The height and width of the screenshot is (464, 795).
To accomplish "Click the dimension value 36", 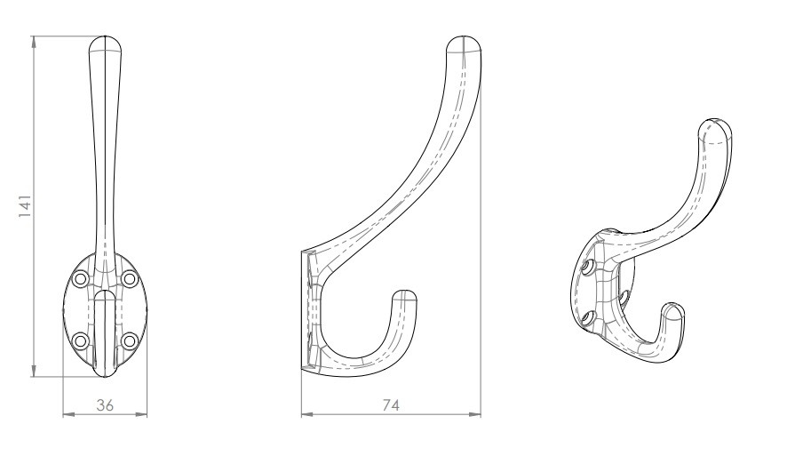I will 105,405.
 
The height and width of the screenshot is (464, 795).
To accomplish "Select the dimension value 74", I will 390,405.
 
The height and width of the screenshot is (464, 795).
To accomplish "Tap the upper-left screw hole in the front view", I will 81,279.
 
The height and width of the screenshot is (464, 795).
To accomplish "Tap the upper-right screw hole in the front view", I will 130,279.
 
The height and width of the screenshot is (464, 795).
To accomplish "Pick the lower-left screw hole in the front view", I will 81,339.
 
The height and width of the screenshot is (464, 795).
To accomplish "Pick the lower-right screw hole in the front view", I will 130,339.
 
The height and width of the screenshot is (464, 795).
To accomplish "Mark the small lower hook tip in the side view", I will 405,295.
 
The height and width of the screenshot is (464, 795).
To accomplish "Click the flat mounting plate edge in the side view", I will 302,311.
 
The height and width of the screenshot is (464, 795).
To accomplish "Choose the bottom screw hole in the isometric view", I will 587,316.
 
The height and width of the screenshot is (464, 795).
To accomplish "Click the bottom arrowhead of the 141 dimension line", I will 34,372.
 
